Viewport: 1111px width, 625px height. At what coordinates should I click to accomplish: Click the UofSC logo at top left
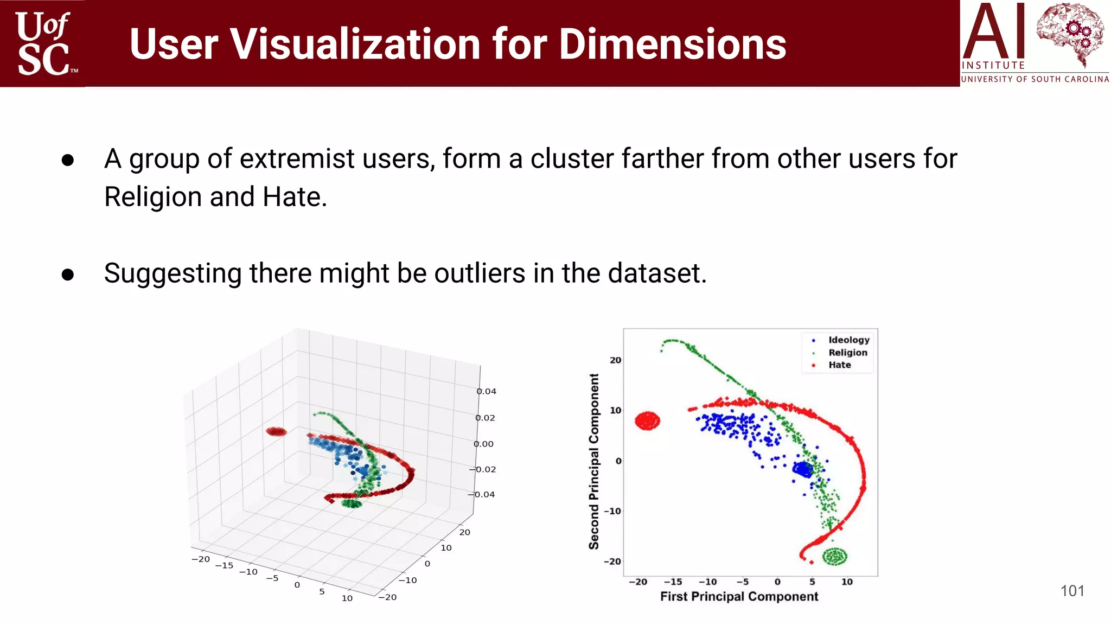(43, 43)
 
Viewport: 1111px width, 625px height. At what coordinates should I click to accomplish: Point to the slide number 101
(1072, 591)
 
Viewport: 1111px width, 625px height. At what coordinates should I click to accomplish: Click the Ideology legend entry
(848, 340)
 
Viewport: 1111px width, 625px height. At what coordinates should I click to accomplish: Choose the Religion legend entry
(847, 353)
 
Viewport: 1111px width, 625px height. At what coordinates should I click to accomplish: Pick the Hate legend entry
(839, 365)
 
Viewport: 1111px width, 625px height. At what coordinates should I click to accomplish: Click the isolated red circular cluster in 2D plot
(647, 421)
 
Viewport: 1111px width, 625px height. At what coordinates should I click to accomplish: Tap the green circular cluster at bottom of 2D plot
(834, 556)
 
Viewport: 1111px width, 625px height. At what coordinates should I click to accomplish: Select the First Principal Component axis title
(739, 596)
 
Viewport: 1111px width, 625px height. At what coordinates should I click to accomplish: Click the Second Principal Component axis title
(594, 461)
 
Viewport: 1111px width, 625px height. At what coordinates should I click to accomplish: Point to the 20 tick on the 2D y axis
(615, 360)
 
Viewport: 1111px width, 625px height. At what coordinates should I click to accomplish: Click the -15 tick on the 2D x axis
(673, 582)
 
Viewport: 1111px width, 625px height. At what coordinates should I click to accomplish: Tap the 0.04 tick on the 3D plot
(486, 392)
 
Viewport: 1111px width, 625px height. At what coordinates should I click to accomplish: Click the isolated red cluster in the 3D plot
(276, 432)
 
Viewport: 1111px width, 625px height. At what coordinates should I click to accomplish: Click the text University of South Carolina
(1035, 79)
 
